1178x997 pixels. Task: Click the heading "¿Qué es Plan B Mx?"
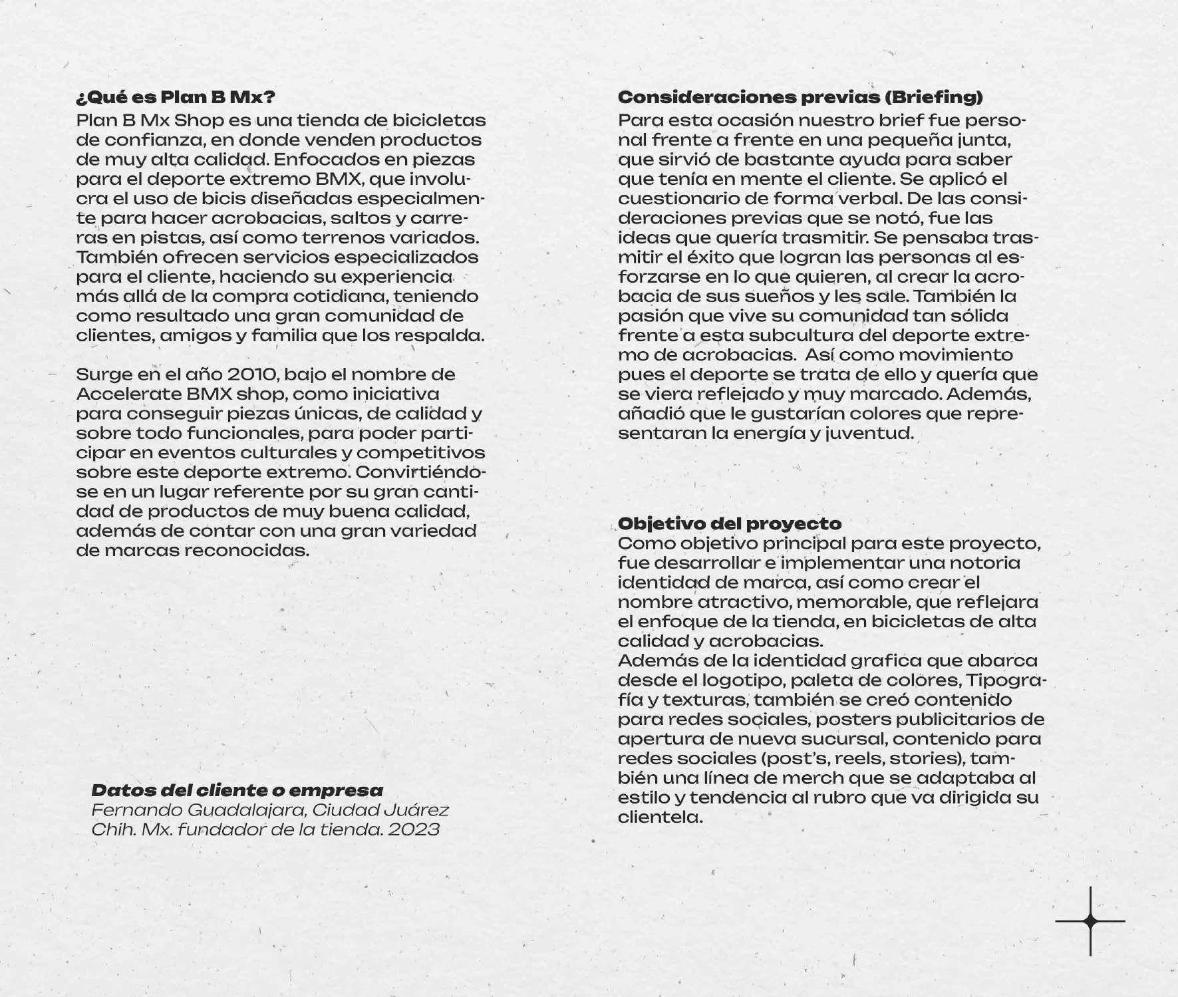tap(176, 97)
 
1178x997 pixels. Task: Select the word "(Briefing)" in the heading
tap(933, 97)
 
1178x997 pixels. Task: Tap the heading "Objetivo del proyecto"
tap(730, 523)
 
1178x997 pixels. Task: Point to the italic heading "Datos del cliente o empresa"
tap(237, 790)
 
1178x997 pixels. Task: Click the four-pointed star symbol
tap(1090, 921)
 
